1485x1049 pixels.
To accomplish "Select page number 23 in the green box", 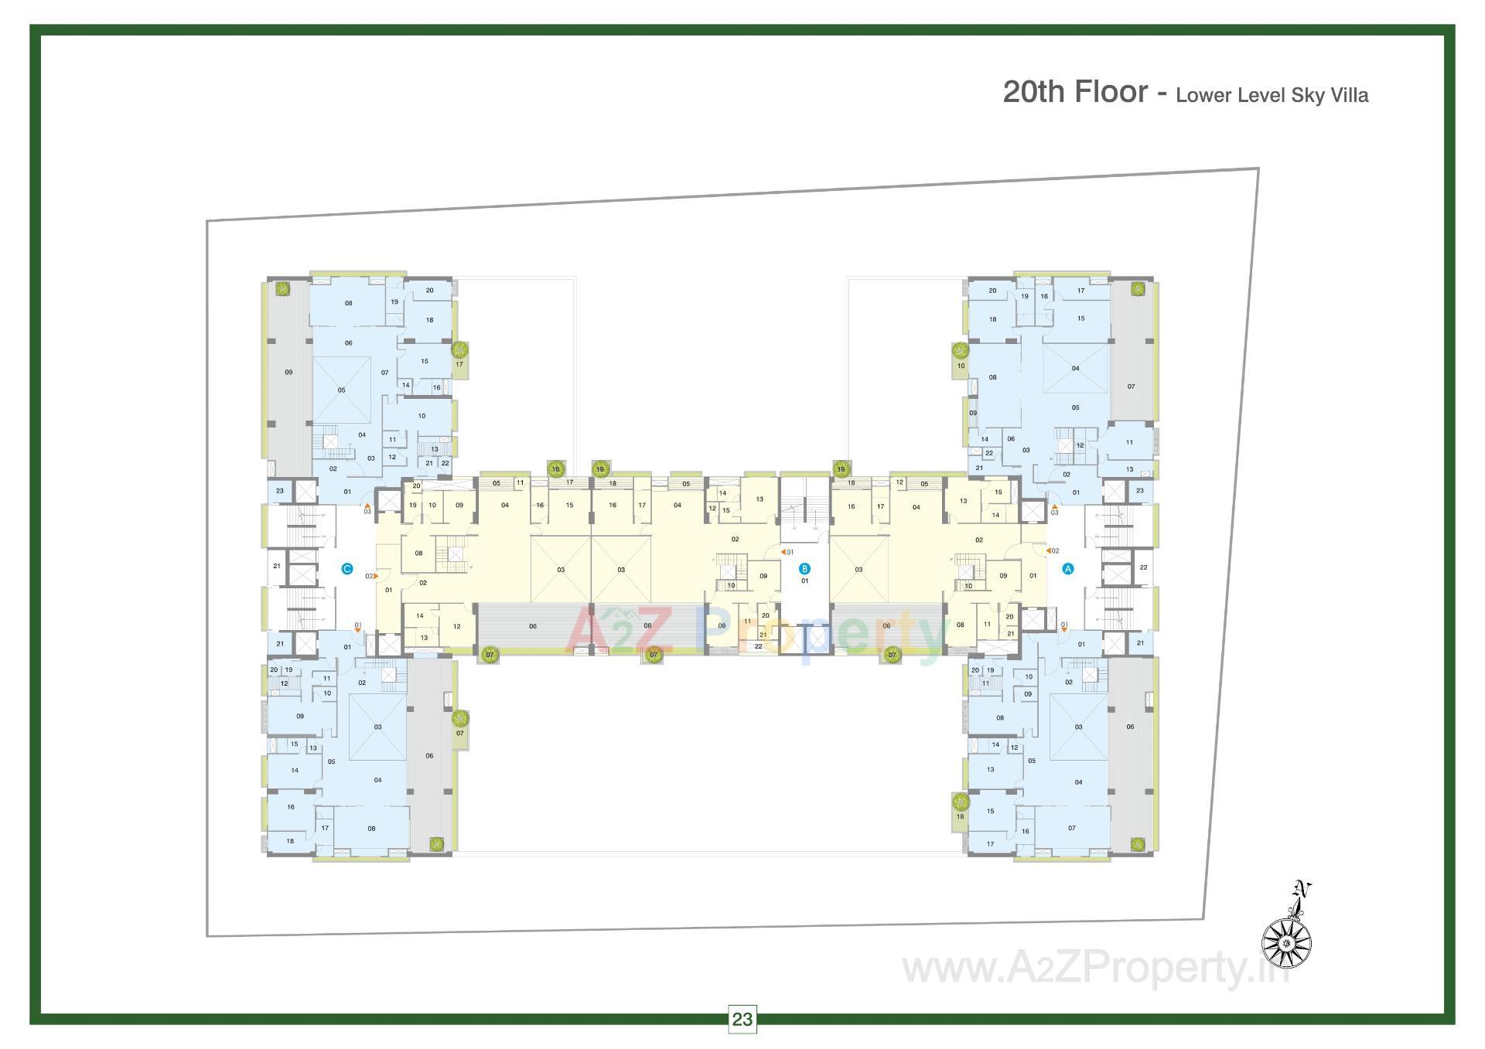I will [x=742, y=1019].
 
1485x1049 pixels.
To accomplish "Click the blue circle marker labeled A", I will [x=1068, y=568].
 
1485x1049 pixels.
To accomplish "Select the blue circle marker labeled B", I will [x=804, y=569].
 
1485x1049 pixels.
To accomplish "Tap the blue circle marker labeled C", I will [x=347, y=569].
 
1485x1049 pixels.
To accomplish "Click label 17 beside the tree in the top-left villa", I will [x=459, y=364].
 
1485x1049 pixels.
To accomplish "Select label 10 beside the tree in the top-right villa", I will [x=961, y=366].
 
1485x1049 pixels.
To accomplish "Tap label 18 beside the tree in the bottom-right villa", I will [x=960, y=816].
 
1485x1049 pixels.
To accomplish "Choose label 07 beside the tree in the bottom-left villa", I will [x=459, y=733].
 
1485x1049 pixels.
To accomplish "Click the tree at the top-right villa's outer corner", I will [x=1137, y=289].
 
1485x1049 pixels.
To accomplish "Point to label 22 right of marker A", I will [x=1142, y=567].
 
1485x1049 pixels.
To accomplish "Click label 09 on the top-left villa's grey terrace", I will [x=288, y=373].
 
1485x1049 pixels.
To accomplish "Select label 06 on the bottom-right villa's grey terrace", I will [x=1130, y=727].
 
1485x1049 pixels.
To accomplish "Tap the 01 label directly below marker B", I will [x=804, y=581].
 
